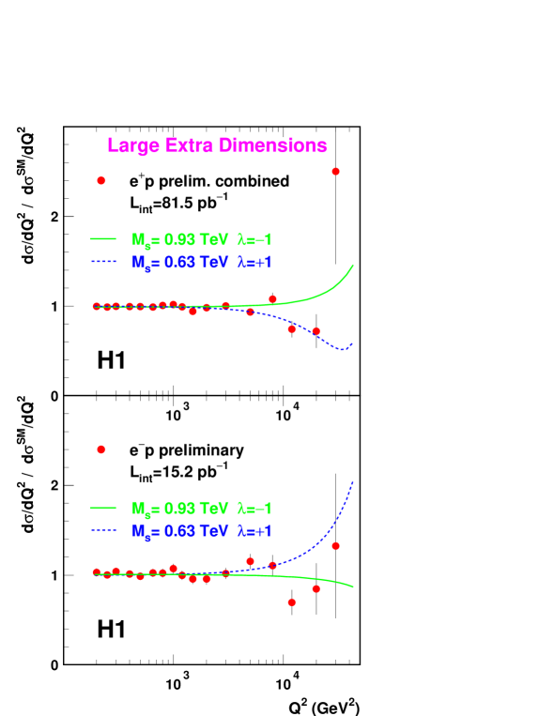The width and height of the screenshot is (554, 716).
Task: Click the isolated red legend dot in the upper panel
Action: (x=101, y=180)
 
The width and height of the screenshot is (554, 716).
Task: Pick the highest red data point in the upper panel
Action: (x=335, y=172)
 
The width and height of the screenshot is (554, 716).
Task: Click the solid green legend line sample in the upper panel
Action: (x=102, y=238)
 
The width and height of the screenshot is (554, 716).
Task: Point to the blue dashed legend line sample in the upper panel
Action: (x=102, y=262)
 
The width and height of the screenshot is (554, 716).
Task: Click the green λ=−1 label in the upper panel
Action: (x=254, y=239)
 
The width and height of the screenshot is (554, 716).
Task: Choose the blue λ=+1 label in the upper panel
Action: (x=254, y=263)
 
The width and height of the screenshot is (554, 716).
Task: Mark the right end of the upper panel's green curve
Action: (x=353, y=266)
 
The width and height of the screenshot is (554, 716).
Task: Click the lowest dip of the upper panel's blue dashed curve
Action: (x=344, y=349)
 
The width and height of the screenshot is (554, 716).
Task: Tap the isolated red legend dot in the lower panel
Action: (x=101, y=449)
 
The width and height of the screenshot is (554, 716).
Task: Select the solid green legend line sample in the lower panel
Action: (x=102, y=508)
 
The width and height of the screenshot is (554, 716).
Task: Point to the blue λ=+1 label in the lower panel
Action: (x=254, y=531)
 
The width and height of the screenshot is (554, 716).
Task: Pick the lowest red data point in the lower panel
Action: (x=291, y=602)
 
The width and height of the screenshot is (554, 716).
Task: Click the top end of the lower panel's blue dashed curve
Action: (x=353, y=481)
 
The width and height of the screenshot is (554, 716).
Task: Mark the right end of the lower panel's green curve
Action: (x=353, y=587)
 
